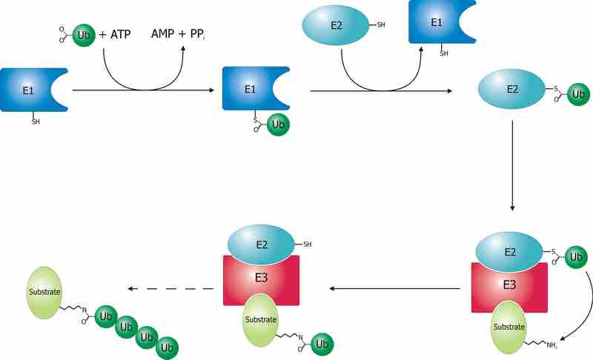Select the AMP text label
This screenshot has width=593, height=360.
pos(165,35)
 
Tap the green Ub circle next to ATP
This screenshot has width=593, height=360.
pos(84,35)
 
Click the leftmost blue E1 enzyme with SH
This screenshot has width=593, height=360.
pos(30,90)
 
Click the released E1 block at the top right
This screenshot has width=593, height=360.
pos(438,22)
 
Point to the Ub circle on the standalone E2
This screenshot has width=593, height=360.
pos(577,95)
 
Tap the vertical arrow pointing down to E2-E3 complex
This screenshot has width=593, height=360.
pos(512,164)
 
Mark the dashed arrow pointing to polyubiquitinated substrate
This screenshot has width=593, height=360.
pos(170,288)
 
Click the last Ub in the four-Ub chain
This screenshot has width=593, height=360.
pos(167,346)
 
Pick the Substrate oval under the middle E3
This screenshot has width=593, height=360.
pos(260,319)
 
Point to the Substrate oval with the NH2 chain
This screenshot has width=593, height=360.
pos(509,327)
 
